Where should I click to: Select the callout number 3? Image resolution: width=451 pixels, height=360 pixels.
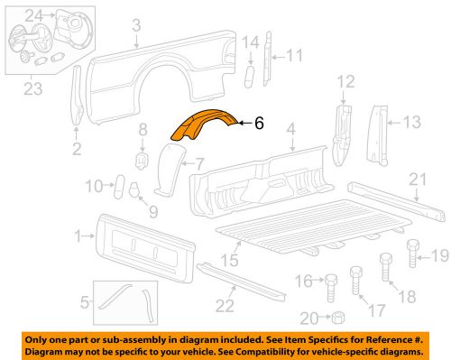tap(136, 26)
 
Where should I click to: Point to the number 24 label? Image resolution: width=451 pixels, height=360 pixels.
tap(32, 14)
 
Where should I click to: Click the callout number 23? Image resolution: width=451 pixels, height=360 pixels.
tap(32, 88)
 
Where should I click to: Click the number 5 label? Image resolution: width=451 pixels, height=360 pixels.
tap(85, 301)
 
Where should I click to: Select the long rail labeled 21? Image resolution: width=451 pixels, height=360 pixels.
tap(397, 198)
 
